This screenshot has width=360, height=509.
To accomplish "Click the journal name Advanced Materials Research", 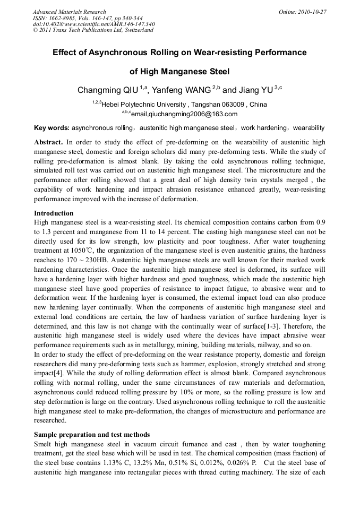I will [69, 12].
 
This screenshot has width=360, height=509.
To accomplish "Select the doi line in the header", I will [93, 24].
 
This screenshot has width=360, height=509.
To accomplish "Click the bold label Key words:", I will [52, 128].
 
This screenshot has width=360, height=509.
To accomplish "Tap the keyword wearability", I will [308, 128].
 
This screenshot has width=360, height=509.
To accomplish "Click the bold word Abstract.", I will [48, 142].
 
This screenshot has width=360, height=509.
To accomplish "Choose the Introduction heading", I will [54, 213].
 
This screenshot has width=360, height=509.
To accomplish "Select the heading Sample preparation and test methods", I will [92, 434].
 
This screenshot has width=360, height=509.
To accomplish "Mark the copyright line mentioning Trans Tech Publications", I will [93, 30].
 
